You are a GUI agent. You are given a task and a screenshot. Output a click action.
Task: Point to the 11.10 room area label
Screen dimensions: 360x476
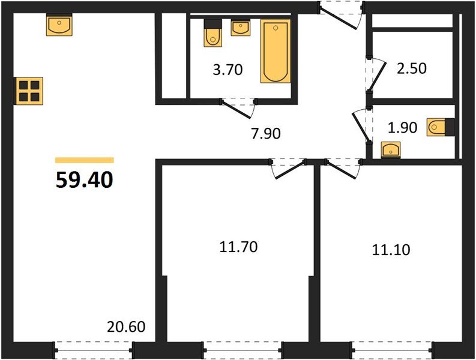point(391,248)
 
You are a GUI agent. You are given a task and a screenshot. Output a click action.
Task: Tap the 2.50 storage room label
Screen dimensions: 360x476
point(411,68)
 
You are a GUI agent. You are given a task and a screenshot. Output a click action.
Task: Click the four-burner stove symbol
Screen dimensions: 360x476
point(29,91)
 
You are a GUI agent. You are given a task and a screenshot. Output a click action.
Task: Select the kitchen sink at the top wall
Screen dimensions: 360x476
point(59,26)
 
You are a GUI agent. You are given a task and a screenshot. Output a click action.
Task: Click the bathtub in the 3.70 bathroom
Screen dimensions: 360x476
point(276,50)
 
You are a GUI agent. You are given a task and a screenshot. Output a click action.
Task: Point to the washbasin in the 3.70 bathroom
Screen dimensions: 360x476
point(241,28)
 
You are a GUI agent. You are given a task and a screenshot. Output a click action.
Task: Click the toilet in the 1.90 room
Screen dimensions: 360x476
point(439,128)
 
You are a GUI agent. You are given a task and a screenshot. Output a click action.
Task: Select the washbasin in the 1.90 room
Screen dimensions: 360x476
point(391,149)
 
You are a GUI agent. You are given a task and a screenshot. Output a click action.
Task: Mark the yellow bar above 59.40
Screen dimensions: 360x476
point(84,160)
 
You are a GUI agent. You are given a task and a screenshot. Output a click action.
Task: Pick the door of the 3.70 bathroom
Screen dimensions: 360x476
point(239,106)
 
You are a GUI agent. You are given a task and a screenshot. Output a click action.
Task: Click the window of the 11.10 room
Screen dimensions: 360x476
point(391,347)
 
